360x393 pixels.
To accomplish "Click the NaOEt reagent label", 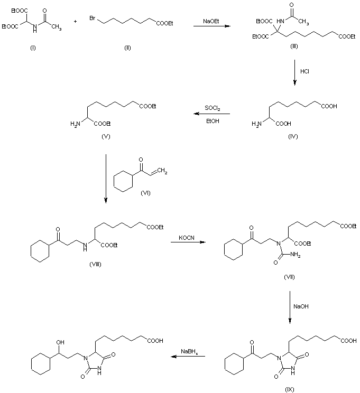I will [x=209, y=22].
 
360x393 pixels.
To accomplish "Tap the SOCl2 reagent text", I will [x=213, y=108].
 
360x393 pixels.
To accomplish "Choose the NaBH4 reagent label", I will [x=191, y=352].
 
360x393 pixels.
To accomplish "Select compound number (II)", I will [x=127, y=48].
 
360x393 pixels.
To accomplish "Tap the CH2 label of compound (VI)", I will [x=163, y=171].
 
